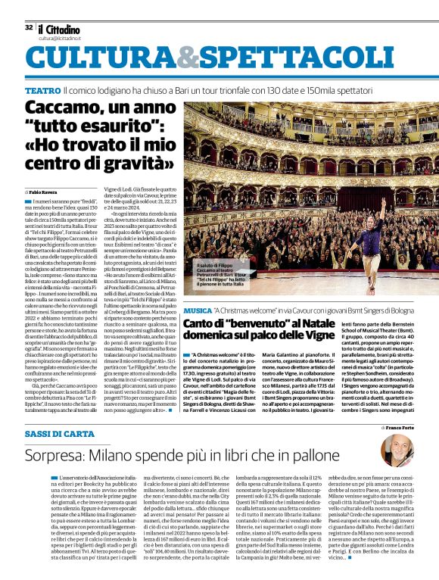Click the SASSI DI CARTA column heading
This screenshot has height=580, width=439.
click(60, 432)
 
